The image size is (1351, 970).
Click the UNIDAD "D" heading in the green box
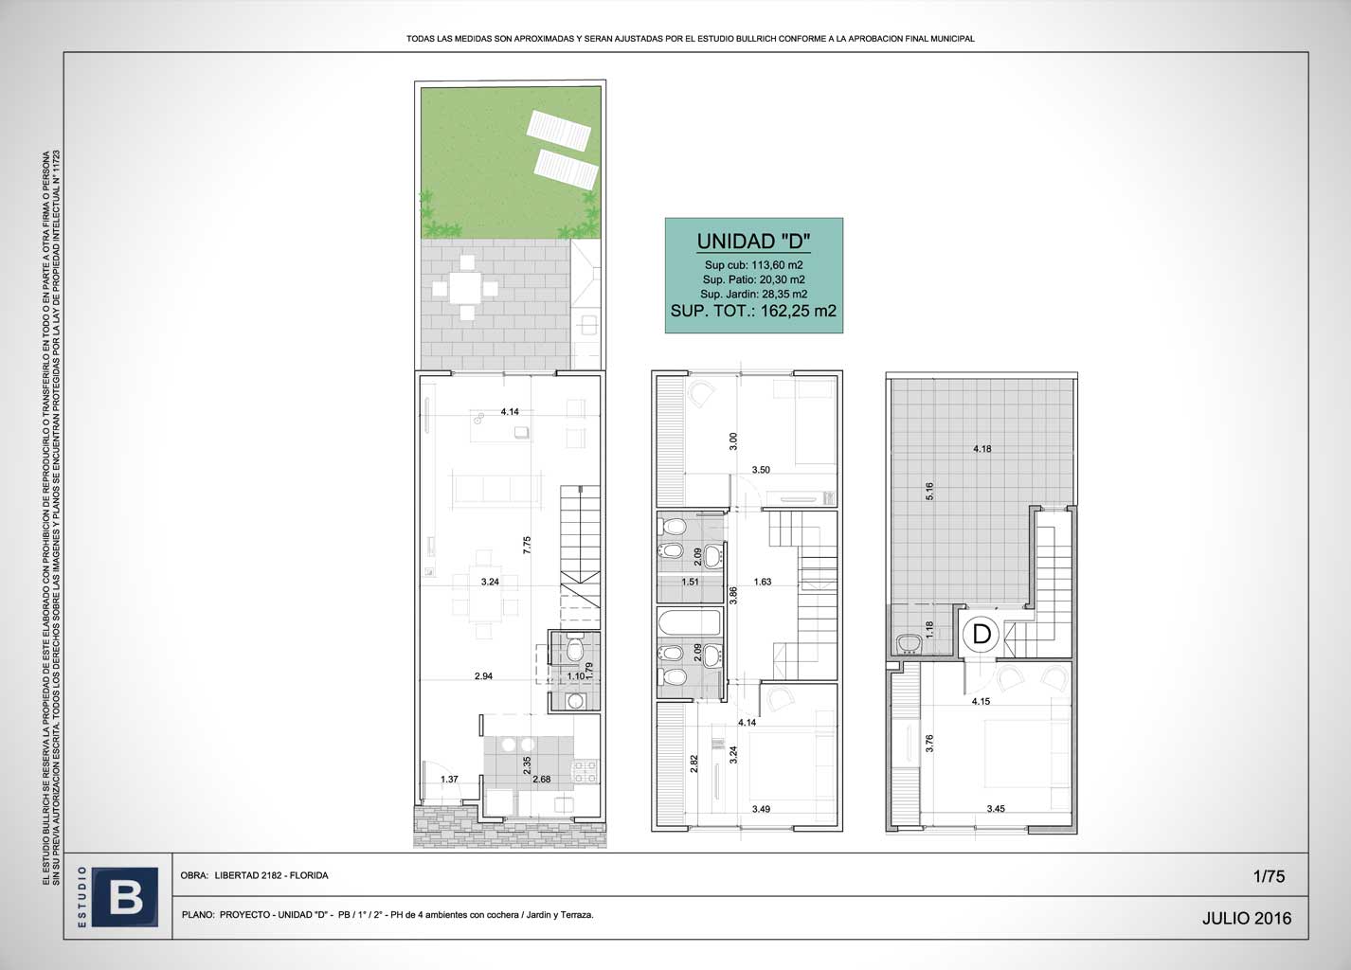[753, 242]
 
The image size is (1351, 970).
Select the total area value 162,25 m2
[798, 311]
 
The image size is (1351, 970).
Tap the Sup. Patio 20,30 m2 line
[753, 279]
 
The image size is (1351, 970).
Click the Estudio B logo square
[125, 896]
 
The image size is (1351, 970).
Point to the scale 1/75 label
[1269, 876]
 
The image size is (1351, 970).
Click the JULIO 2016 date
[1247, 918]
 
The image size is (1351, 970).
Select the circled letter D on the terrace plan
[982, 635]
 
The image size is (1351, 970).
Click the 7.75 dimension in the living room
[527, 545]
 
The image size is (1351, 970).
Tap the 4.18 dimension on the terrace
[982, 448]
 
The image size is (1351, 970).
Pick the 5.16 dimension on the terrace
[929, 491]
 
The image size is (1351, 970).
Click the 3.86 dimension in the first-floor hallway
[733, 595]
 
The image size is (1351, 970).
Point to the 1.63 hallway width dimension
[763, 582]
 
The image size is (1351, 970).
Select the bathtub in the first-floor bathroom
[690, 622]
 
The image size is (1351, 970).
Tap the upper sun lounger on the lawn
[558, 130]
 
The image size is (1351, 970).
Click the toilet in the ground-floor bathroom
[575, 648]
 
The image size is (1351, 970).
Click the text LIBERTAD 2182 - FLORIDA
[271, 875]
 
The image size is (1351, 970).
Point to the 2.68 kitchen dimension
[541, 779]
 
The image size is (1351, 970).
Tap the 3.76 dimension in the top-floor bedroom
[929, 743]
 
